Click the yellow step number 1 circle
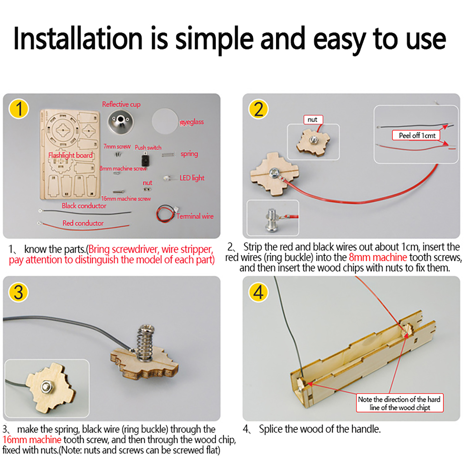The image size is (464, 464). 19,109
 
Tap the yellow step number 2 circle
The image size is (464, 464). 258,109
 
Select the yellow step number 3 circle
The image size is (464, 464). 19,292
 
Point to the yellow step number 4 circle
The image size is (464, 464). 258,292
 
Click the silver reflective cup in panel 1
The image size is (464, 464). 121,122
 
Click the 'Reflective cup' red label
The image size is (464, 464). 121,104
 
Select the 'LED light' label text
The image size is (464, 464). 192,178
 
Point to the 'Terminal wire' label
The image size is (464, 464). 195,216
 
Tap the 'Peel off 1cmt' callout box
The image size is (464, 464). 416,135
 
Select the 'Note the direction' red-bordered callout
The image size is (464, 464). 400,403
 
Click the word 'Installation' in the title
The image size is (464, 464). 78,39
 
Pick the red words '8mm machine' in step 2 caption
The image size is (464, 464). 378,257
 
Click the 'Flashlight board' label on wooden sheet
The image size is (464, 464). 70,155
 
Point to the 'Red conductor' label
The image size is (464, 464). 83,223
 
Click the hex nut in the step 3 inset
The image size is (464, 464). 45,387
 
